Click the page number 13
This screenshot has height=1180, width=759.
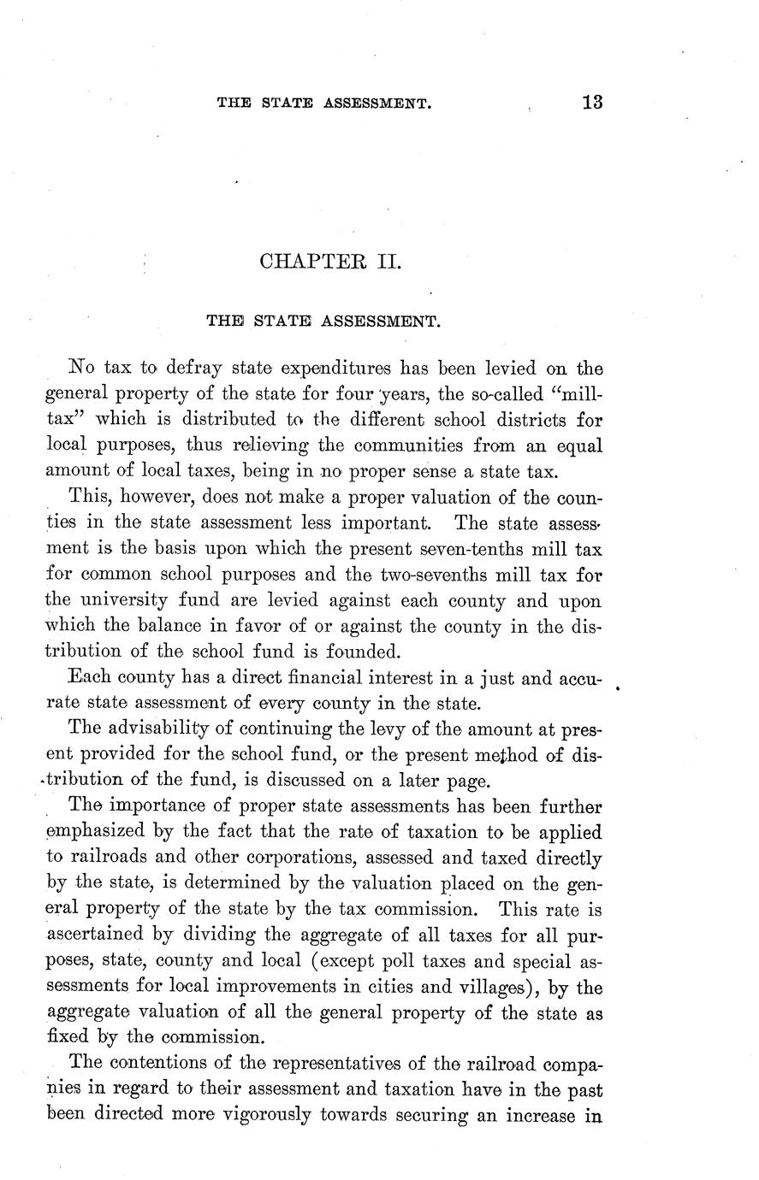[591, 102]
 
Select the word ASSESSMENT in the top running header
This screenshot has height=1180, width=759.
[377, 103]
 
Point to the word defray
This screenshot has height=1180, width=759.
[195, 369]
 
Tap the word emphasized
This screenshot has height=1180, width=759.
[95, 832]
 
